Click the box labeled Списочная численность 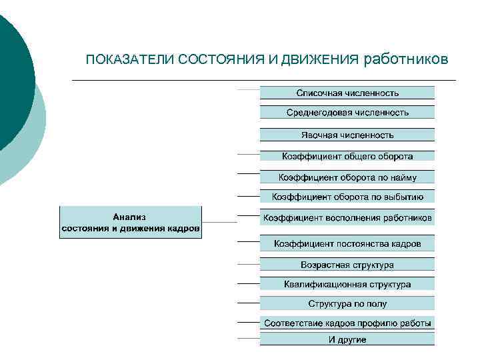(x=347, y=93)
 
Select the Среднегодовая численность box (x=347, y=113)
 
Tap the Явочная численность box (x=347, y=135)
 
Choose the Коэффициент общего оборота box (x=347, y=156)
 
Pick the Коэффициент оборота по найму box (x=347, y=177)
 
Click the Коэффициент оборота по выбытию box (x=347, y=197)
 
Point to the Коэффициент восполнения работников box (x=347, y=218)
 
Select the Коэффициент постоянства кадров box (x=347, y=243)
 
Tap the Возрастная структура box (x=347, y=265)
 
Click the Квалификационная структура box (x=347, y=284)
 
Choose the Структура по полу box (x=347, y=304)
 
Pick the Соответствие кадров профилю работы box (x=347, y=323)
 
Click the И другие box (x=347, y=339)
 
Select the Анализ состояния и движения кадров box (x=131, y=223)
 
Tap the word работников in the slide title (x=406, y=60)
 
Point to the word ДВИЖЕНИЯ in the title (x=320, y=61)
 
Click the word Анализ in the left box (x=130, y=217)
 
